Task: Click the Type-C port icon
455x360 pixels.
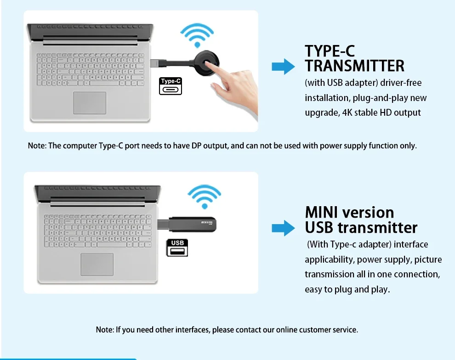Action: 171,86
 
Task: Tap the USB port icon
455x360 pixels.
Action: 177,248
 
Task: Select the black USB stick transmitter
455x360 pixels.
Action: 192,225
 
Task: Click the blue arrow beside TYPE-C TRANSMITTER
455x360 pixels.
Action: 283,67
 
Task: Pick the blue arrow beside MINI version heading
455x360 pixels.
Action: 283,228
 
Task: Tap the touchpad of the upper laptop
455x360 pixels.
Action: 90,103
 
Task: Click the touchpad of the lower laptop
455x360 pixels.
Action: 97,264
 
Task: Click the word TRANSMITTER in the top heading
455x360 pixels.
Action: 354,66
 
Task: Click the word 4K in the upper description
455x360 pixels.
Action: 347,112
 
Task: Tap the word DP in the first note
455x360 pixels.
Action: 196,146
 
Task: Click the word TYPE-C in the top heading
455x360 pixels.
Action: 330,51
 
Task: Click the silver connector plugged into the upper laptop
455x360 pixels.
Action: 155,63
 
